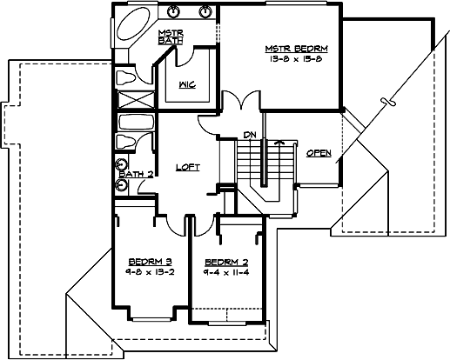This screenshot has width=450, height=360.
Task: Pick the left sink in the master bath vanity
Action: pyautogui.click(x=174, y=12)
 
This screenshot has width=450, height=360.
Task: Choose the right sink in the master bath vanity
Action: pyautogui.click(x=205, y=12)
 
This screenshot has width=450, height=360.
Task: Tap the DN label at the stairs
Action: pyautogui.click(x=249, y=135)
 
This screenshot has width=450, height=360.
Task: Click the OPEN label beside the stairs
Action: pyautogui.click(x=318, y=153)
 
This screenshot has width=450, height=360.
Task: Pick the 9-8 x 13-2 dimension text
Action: pyautogui.click(x=147, y=271)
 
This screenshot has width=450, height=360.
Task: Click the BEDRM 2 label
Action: pyautogui.click(x=220, y=262)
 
